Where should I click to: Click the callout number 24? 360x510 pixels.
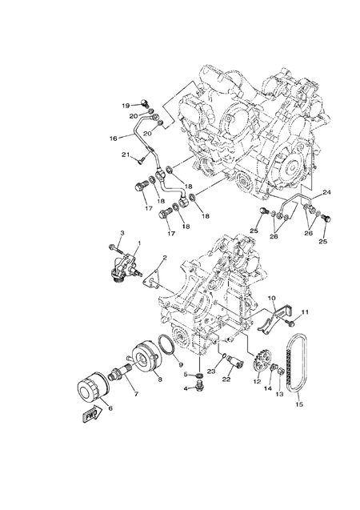click(x=326, y=193)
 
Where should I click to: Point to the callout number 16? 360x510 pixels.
click(x=114, y=138)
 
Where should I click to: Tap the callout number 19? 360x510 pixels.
click(x=126, y=105)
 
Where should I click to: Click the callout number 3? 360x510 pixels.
click(x=122, y=232)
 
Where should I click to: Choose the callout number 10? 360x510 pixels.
click(x=271, y=298)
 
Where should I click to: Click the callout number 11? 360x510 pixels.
click(x=304, y=311)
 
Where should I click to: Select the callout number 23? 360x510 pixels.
click(x=211, y=371)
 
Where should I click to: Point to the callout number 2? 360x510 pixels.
click(x=163, y=259)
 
